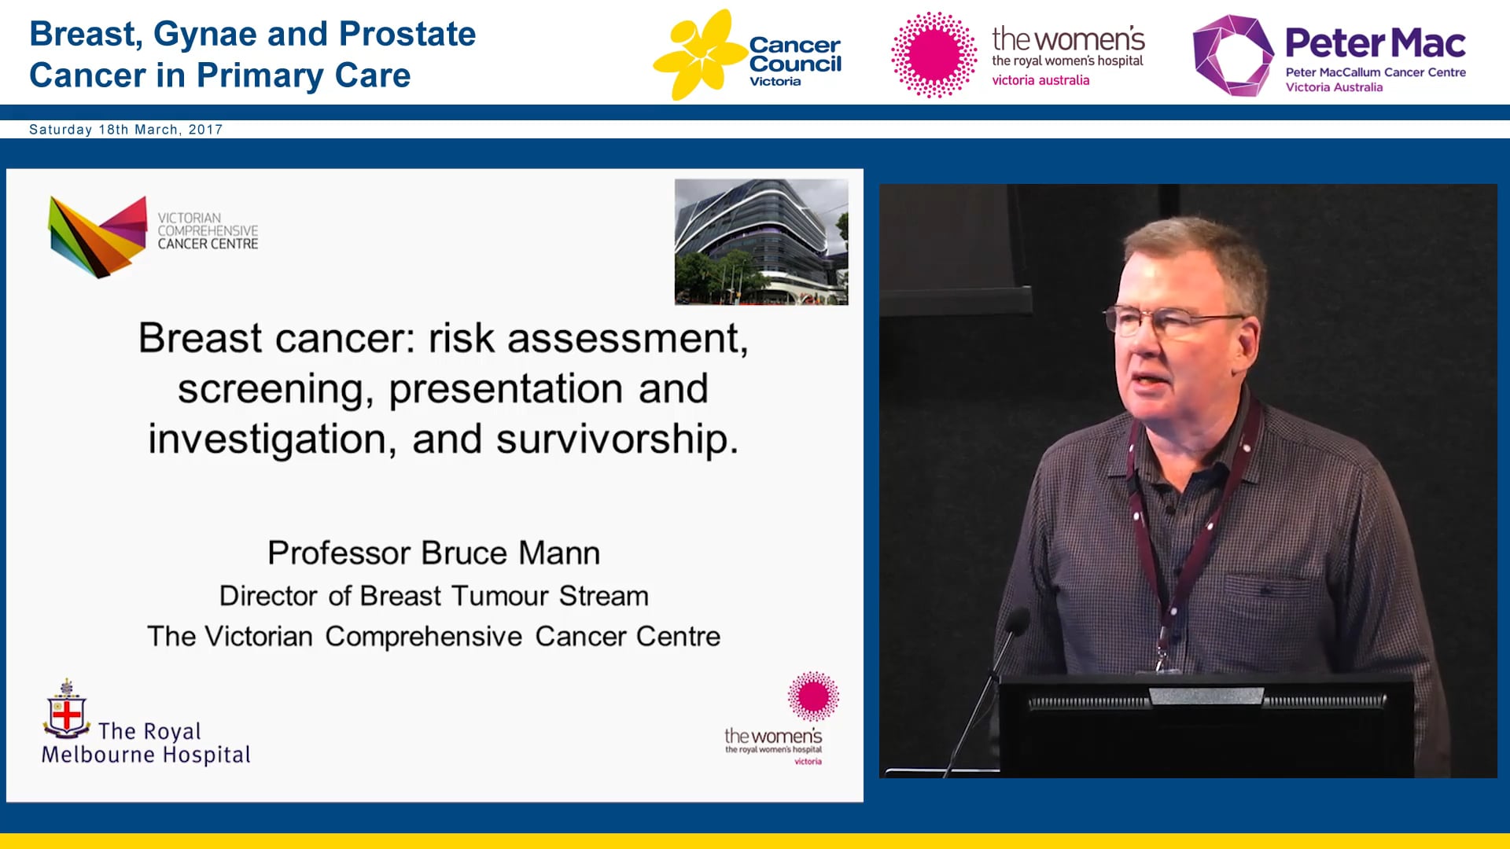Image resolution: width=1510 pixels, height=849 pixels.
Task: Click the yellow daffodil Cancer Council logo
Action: (698, 53)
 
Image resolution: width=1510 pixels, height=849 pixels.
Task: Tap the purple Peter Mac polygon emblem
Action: (1232, 55)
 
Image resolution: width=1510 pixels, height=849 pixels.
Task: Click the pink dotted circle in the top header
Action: (934, 55)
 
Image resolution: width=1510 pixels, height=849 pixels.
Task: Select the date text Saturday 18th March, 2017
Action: (126, 130)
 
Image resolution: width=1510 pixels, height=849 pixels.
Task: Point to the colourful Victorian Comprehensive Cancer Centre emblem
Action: (98, 236)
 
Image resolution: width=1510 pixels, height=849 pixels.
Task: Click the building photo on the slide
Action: (761, 242)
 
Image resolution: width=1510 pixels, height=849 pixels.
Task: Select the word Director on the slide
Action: (270, 596)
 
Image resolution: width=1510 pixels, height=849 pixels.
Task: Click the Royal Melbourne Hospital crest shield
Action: (67, 714)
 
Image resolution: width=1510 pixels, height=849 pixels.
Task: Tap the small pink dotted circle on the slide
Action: (813, 696)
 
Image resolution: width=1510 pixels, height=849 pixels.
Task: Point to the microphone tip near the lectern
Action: (1017, 622)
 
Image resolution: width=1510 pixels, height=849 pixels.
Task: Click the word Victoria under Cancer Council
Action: (775, 82)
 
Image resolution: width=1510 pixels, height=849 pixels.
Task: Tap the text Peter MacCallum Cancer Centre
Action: (1375, 72)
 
